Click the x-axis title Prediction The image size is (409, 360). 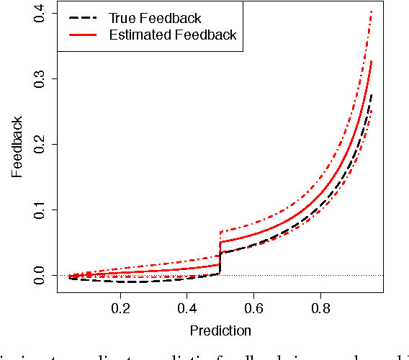[220, 331]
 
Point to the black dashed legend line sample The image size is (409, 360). [82, 18]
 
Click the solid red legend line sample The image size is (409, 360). [82, 35]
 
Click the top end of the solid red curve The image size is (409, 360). [371, 62]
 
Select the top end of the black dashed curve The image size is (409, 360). [371, 94]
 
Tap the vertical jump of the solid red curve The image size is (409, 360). [220, 253]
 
